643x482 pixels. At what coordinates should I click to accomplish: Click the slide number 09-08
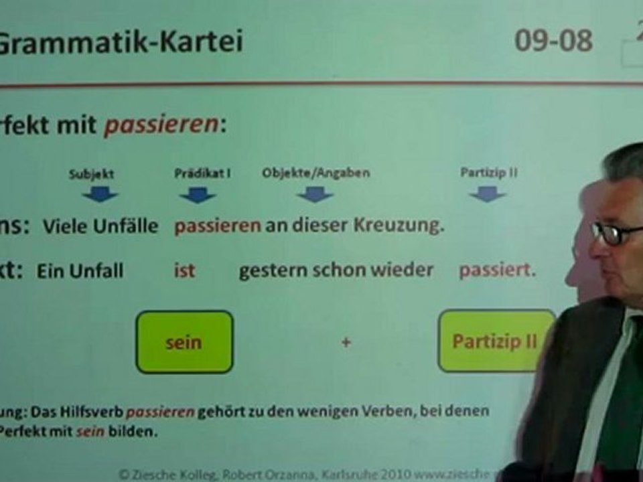click(x=553, y=41)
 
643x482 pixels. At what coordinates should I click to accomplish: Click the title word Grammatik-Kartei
click(x=121, y=42)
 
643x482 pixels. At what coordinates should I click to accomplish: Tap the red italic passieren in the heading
click(x=161, y=125)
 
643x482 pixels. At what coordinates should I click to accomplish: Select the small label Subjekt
click(x=92, y=174)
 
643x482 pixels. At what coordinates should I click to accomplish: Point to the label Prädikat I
click(x=202, y=173)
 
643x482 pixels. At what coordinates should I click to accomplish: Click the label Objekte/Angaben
click(x=315, y=173)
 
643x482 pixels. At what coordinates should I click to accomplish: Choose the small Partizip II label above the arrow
click(x=489, y=172)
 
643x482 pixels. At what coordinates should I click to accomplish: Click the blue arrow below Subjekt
click(x=100, y=195)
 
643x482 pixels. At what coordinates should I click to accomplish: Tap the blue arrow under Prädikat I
click(x=198, y=195)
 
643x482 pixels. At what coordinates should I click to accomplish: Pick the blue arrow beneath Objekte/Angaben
click(x=315, y=195)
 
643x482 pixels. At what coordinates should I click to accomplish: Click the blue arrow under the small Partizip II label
click(x=487, y=194)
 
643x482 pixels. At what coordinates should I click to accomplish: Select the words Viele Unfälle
click(x=100, y=226)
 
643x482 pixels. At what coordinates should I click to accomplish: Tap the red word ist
click(x=184, y=271)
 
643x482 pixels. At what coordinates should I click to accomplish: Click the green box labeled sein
click(x=184, y=342)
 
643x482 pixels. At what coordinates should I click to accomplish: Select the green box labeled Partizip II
click(x=496, y=341)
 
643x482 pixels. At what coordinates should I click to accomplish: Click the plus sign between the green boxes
click(x=346, y=343)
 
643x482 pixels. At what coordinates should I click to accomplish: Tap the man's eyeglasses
click(x=615, y=233)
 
